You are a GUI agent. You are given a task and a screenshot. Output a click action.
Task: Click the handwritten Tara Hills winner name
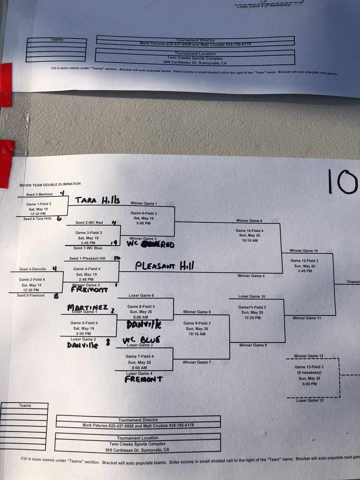[97, 200]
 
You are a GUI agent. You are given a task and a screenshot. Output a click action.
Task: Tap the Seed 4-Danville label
[33, 269]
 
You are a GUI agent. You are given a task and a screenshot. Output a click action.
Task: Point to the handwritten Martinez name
[87, 307]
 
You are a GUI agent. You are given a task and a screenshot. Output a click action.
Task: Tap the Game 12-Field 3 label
[307, 260]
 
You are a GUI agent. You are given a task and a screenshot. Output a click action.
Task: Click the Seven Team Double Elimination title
[50, 184]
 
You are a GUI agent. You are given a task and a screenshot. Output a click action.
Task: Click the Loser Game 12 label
[310, 400]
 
